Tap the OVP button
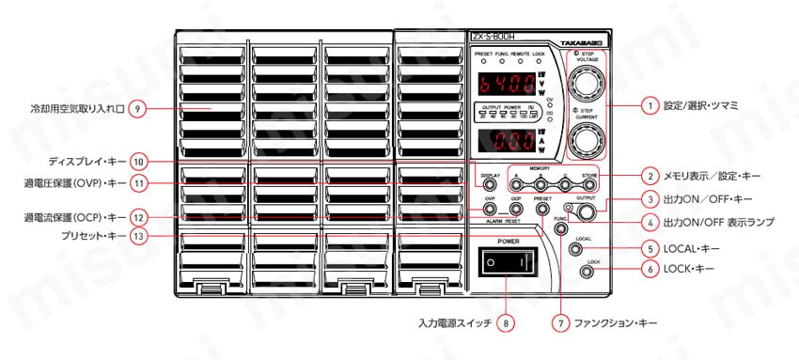pyautogui.click(x=491, y=210)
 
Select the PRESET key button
pyautogui.click(x=542, y=210)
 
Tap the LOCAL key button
pyautogui.click(x=575, y=251)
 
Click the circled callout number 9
pyautogui.click(x=138, y=108)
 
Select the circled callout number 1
pyautogui.click(x=650, y=107)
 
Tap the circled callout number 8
pyautogui.click(x=508, y=322)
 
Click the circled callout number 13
pyautogui.click(x=138, y=238)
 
